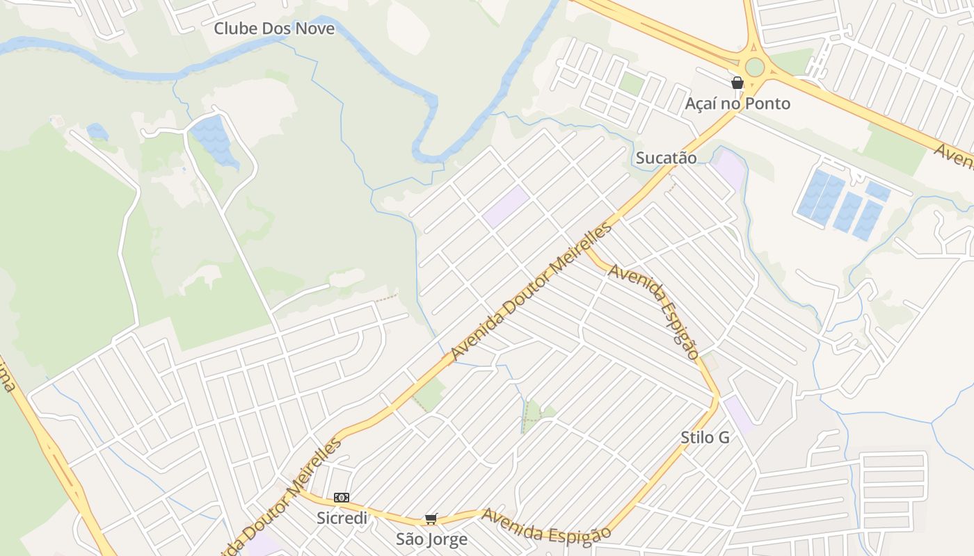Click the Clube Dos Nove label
coord(274,28)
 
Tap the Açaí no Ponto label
coord(737,104)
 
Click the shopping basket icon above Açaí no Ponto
coord(737,83)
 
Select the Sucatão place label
coord(666,158)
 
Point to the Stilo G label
coord(705,437)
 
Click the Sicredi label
coord(342,518)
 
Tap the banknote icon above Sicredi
coord(341,498)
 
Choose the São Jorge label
coord(431,539)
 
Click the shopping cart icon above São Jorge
coord(431,519)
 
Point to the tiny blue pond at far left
coord(97,131)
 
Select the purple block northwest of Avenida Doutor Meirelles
coord(506,206)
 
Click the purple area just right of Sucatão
coord(728,169)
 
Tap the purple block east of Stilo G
coord(738,414)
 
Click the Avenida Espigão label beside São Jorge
coord(546,525)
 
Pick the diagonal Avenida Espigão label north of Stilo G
coord(654,310)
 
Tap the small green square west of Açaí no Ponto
coord(632,84)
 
